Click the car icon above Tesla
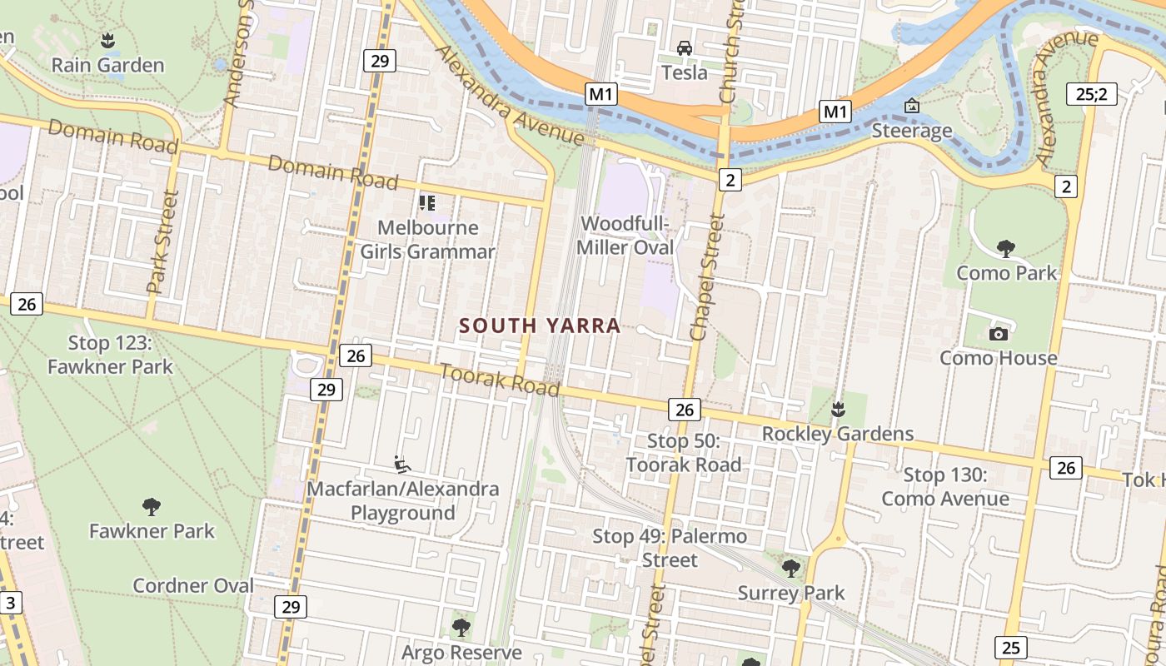click(x=684, y=48)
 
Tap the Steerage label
click(x=911, y=131)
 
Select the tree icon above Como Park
click(x=1005, y=248)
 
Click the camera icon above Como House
click(x=998, y=334)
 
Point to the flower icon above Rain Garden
click(x=107, y=39)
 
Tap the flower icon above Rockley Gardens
click(x=838, y=409)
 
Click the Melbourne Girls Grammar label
click(x=427, y=240)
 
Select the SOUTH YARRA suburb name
click(x=540, y=326)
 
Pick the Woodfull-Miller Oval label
click(x=625, y=236)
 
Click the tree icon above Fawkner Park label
click(x=151, y=506)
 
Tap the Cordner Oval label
click(x=193, y=585)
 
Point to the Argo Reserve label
click(x=461, y=652)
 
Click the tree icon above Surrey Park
click(x=790, y=569)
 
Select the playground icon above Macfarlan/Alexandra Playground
click(x=402, y=463)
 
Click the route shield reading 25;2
click(x=1091, y=93)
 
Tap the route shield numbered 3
click(x=11, y=603)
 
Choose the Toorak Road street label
click(x=499, y=380)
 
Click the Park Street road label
click(x=162, y=242)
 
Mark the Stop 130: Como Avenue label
click(x=945, y=487)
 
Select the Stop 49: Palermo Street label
click(x=670, y=548)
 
